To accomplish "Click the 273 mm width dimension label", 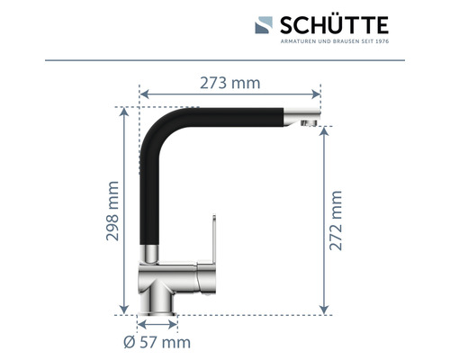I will (229, 83).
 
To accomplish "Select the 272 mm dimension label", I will (336, 220).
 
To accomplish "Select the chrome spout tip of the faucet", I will (307, 119).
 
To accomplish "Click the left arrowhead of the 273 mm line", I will (141, 93).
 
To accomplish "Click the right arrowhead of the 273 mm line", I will (318, 93).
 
